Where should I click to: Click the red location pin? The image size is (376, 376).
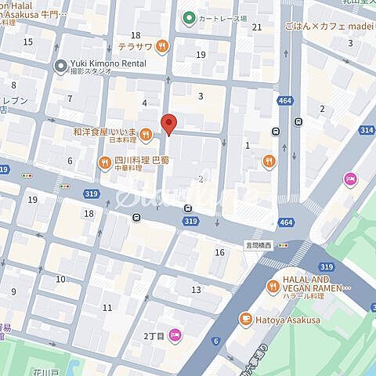click(168, 124)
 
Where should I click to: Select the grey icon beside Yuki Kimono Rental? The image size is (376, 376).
click(59, 67)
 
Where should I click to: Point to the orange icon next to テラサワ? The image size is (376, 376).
click(162, 47)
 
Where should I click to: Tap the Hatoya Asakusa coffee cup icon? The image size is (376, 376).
click(245, 319)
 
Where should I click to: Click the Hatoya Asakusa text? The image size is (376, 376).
click(288, 319)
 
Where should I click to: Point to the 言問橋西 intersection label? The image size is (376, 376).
click(257, 244)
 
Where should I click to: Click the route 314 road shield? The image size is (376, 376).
click(366, 129)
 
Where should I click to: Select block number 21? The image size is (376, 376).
click(256, 27)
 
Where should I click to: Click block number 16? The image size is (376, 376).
click(220, 251)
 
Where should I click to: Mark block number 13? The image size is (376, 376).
click(196, 290)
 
